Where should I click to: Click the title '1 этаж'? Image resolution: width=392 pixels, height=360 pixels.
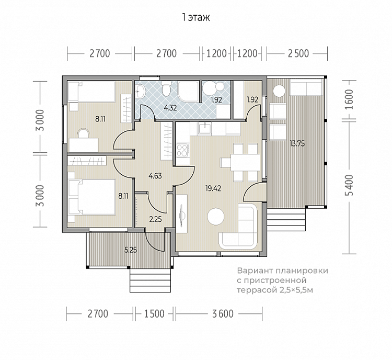click(x=196, y=17)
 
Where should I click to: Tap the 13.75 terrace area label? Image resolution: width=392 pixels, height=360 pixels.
click(x=297, y=144)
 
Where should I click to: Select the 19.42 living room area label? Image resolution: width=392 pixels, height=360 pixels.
click(x=213, y=188)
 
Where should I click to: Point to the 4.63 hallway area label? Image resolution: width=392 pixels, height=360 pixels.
click(x=155, y=176)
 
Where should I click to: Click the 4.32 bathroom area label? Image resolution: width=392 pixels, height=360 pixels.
click(x=170, y=108)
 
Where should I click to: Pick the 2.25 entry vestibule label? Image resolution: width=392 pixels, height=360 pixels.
click(x=155, y=220)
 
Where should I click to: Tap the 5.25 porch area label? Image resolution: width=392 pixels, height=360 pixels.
click(x=131, y=250)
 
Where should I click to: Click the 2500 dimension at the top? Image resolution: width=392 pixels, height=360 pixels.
click(x=298, y=53)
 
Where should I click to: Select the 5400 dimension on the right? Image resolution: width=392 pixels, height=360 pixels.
click(x=350, y=185)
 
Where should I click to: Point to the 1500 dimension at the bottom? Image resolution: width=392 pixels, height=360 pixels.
click(x=154, y=313)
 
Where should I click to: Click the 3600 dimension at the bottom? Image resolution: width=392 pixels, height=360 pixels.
click(x=223, y=313)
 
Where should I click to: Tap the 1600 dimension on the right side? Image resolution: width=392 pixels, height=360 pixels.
click(x=350, y=99)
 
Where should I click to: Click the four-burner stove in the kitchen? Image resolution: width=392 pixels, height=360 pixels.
click(x=182, y=150)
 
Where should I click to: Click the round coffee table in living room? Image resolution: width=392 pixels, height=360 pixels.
click(x=216, y=217)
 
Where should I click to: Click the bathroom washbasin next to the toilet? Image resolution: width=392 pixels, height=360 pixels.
click(x=141, y=91)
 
